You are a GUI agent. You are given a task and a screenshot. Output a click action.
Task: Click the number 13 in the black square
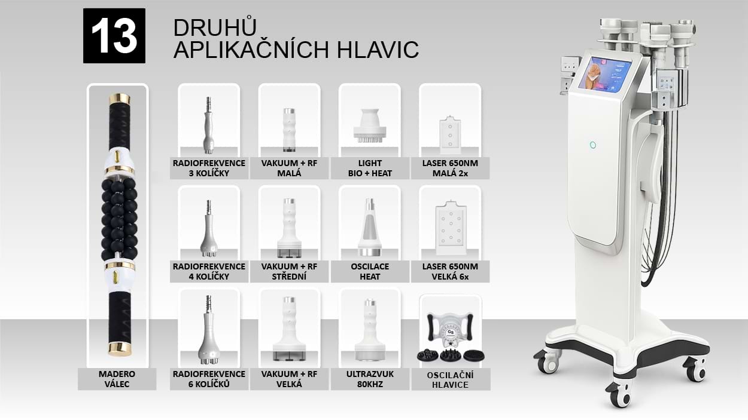(114, 36)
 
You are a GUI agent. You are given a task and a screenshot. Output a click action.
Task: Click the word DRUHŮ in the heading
(215, 27)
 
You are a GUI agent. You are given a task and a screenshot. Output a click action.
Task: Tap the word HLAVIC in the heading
(378, 50)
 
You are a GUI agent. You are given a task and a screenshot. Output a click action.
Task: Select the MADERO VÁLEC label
(117, 379)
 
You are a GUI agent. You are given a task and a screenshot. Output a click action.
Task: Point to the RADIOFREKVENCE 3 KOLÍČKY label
(209, 168)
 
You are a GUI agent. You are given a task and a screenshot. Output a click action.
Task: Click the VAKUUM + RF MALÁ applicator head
(289, 130)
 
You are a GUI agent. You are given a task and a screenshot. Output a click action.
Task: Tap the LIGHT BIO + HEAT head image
(370, 125)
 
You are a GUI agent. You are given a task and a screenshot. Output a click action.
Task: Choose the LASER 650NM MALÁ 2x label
(450, 168)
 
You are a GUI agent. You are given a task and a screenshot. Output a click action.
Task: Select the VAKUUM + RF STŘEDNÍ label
(289, 271)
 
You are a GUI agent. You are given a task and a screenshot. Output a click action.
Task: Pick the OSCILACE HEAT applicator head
(370, 228)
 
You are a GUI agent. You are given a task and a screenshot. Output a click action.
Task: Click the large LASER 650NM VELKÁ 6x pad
(451, 228)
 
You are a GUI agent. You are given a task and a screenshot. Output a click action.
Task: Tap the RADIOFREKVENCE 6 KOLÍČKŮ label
(209, 379)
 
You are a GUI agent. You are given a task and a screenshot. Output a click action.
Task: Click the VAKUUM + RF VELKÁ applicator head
(289, 329)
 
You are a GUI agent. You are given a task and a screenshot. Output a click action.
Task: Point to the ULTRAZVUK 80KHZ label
(370, 379)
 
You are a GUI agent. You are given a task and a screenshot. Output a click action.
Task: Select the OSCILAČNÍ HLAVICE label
(450, 380)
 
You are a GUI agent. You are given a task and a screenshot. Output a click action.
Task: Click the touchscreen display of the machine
(605, 75)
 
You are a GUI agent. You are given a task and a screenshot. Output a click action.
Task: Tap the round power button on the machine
(593, 145)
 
